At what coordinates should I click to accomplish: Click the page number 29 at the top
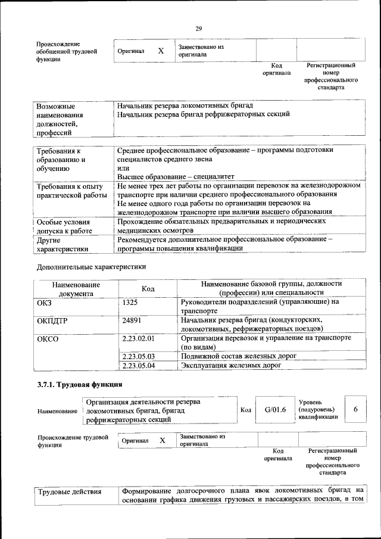pos(198,28)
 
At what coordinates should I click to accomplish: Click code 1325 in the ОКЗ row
pos(130,302)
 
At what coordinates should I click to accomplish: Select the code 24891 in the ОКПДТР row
pos(132,320)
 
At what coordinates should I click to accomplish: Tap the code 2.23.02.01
pos(138,338)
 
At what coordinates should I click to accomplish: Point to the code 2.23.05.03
pos(138,356)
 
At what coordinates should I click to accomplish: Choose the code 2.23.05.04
pos(138,365)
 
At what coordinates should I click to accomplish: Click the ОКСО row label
pos(48,338)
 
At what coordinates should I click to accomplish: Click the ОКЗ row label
pos(45,302)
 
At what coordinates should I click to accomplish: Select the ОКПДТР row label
pos(52,320)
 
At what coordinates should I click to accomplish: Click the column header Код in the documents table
pos(148,288)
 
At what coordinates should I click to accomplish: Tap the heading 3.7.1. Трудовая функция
pos(80,384)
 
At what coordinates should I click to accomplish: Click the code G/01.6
pos(275,410)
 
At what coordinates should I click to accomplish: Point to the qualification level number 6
pos(355,409)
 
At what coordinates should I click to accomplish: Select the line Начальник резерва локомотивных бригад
pos(185,105)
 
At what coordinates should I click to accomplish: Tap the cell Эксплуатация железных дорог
pos(231,365)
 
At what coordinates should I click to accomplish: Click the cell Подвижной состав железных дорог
pos(239,356)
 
